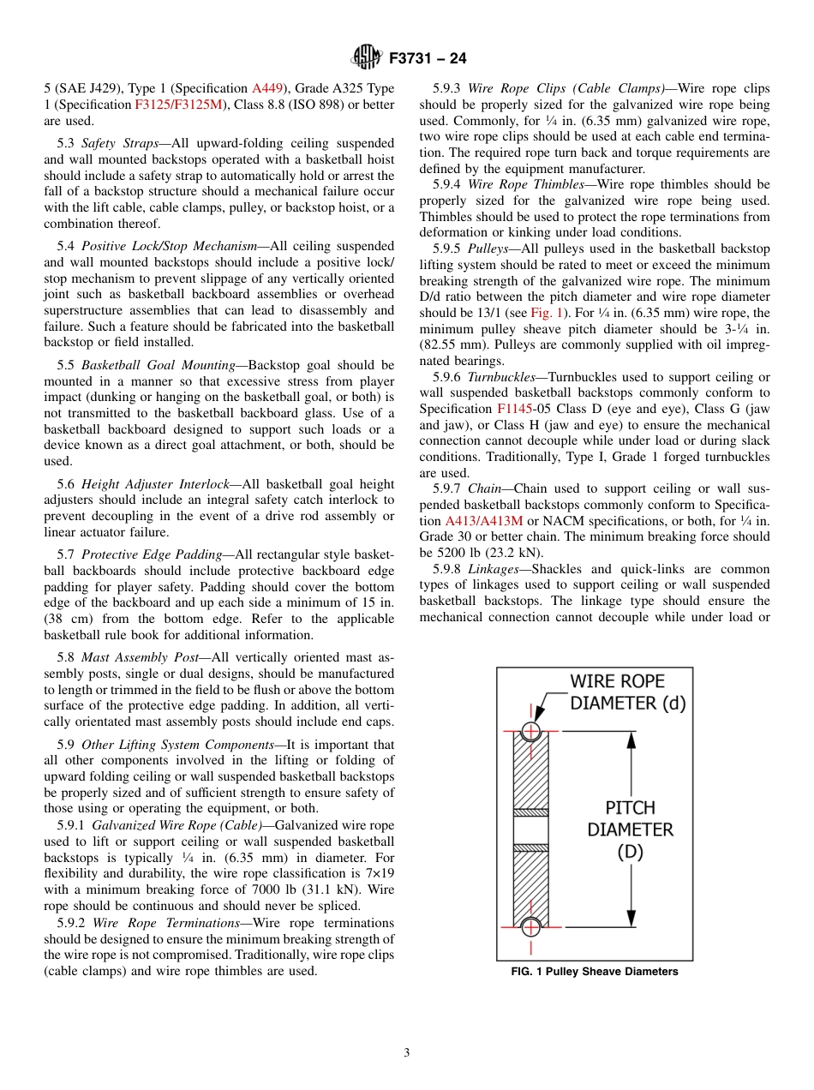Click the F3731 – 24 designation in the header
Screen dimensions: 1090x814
[427, 59]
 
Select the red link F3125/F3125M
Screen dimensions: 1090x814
[178, 105]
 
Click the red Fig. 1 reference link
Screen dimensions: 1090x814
[546, 313]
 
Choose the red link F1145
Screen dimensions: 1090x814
[514, 409]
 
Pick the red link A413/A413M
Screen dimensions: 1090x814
[483, 521]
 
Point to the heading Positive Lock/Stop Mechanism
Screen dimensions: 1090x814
[169, 246]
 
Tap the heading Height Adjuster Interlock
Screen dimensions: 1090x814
[160, 484]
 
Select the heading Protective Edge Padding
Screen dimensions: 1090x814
[152, 555]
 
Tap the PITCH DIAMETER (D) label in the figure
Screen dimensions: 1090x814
[630, 829]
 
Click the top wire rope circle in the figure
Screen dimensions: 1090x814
[531, 731]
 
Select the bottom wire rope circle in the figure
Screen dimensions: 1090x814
[531, 926]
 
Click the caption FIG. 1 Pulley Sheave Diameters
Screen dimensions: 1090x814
[594, 972]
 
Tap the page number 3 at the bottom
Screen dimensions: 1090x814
[407, 1053]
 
